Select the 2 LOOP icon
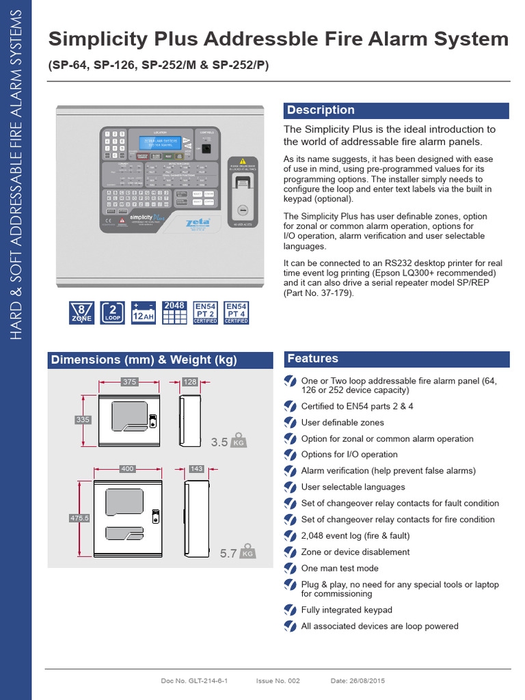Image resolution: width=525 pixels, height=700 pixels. coord(112,312)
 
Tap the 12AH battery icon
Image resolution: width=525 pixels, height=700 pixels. coord(144,312)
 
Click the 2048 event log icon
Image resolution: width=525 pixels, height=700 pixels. coord(175,312)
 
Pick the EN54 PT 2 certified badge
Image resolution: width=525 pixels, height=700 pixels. coord(205,312)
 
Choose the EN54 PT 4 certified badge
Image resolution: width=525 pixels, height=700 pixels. coord(237,312)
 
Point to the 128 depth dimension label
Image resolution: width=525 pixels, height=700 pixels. coord(190,382)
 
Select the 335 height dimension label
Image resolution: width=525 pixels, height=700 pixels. coord(83,420)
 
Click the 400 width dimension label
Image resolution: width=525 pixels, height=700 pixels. coord(127,469)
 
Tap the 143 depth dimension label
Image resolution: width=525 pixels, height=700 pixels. coord(196,469)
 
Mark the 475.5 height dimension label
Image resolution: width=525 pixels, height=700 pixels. coord(80,519)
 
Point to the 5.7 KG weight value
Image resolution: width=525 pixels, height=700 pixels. coord(228,553)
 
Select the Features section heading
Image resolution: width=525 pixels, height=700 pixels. coord(312,359)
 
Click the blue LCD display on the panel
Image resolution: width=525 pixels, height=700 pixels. coord(161,143)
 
